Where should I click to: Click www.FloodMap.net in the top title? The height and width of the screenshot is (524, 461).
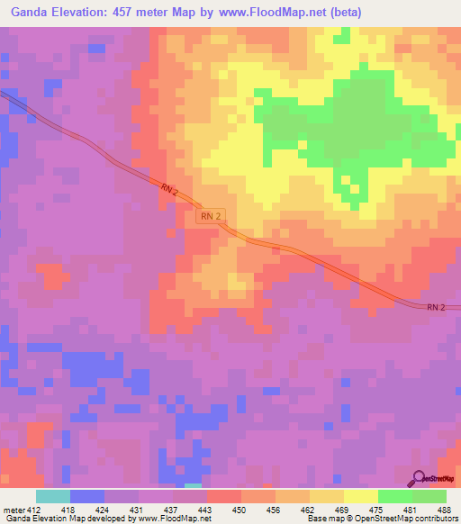(x=258, y=14)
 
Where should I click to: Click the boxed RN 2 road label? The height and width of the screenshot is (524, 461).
(x=210, y=216)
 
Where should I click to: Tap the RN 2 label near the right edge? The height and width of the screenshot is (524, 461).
(x=436, y=307)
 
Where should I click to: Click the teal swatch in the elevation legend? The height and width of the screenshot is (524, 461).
(x=52, y=496)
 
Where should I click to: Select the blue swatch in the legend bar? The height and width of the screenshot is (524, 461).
(x=86, y=496)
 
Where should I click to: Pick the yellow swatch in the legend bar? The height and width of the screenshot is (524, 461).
(x=360, y=496)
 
